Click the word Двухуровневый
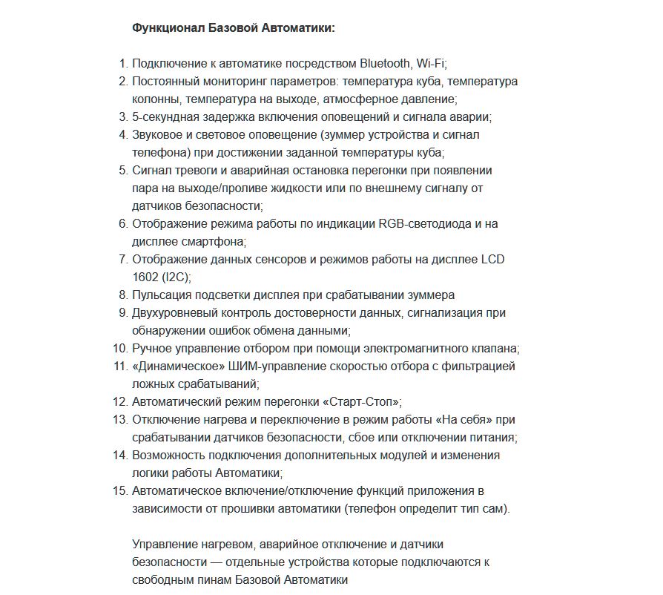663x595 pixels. pyautogui.click(x=174, y=312)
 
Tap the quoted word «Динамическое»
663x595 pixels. pyautogui.click(x=172, y=366)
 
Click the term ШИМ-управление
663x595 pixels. pyautogui.click(x=265, y=366)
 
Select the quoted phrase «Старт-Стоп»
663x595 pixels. pyautogui.click(x=361, y=401)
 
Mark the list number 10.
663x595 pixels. pyautogui.click(x=120, y=348)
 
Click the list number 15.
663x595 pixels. pyautogui.click(x=120, y=490)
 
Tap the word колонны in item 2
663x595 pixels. pyautogui.click(x=156, y=99)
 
